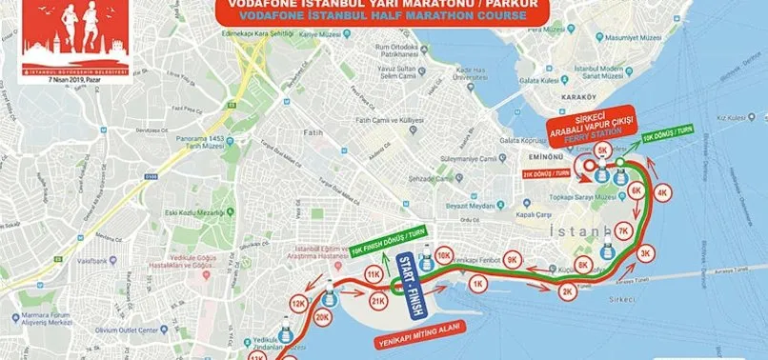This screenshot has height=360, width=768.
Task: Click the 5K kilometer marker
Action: [x=601, y=150]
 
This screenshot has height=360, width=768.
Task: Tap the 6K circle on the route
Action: [x=637, y=190]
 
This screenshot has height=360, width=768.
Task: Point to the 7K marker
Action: [x=622, y=231]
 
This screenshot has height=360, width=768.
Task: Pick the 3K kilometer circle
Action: [x=646, y=252]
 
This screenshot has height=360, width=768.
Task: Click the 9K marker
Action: [x=513, y=259]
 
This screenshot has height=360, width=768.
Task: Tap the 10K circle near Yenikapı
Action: [x=442, y=255]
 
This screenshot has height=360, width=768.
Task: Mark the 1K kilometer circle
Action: [x=477, y=282]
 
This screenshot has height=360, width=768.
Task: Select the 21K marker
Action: [x=377, y=301]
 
